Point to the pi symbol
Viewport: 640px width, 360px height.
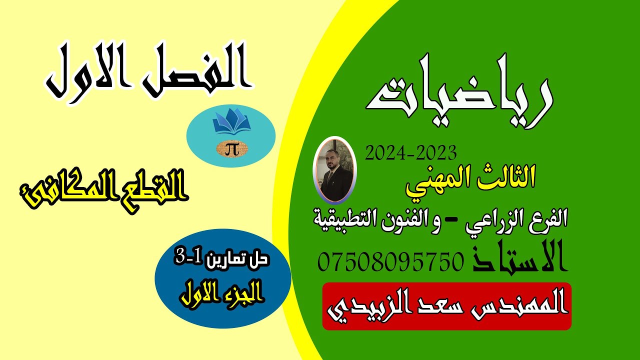(x=231, y=149)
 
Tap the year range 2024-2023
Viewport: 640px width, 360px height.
(x=411, y=152)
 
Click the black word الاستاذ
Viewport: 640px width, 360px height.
(x=519, y=258)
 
